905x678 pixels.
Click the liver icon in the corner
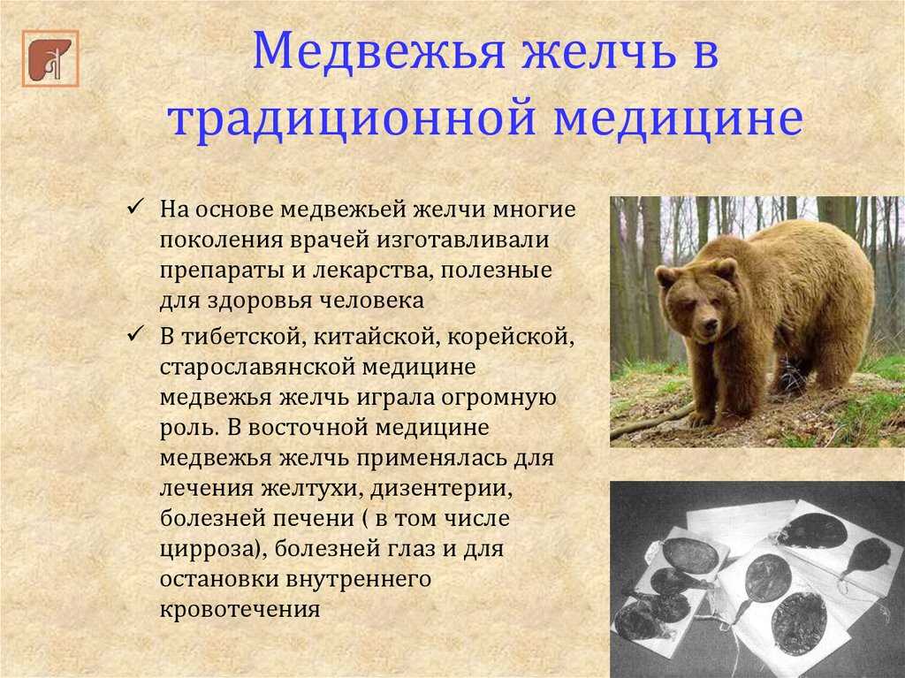point(50,58)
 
